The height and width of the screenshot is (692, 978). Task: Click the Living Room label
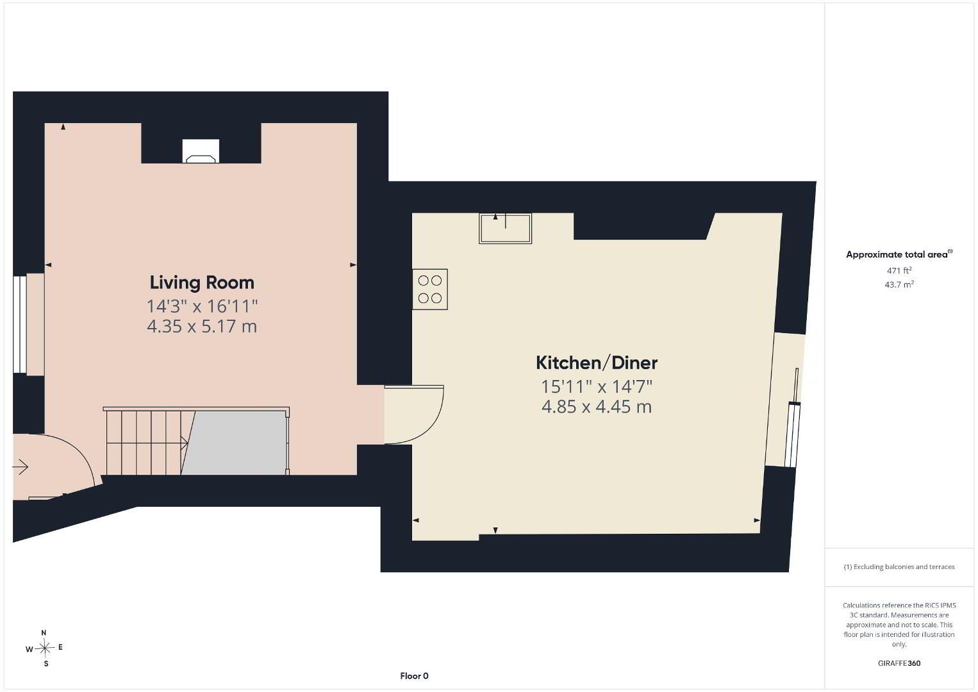pos(202,283)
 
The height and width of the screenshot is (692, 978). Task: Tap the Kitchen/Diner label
pos(597,363)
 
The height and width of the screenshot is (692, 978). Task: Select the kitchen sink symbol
pos(505,228)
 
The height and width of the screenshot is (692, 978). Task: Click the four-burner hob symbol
pos(430,290)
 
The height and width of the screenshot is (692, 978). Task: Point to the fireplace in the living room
pos(201,151)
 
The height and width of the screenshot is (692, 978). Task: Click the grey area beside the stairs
pos(234,442)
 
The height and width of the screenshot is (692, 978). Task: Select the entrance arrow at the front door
pos(21,467)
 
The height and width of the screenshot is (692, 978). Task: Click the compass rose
pos(44,648)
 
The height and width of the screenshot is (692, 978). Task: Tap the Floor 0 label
pos(415,676)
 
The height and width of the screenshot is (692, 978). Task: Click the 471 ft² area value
pos(899,270)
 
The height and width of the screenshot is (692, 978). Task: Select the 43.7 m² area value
pos(899,284)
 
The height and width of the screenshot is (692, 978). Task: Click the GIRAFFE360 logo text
pos(899,663)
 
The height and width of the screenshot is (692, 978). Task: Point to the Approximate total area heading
pos(899,254)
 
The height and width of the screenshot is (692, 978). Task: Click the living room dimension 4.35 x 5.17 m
pos(202,326)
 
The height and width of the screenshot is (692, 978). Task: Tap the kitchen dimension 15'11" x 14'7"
pos(597,386)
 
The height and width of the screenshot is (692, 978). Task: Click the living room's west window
pos(20,324)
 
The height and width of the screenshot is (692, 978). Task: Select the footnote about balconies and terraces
pos(899,566)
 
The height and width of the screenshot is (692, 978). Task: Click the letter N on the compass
pos(44,633)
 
